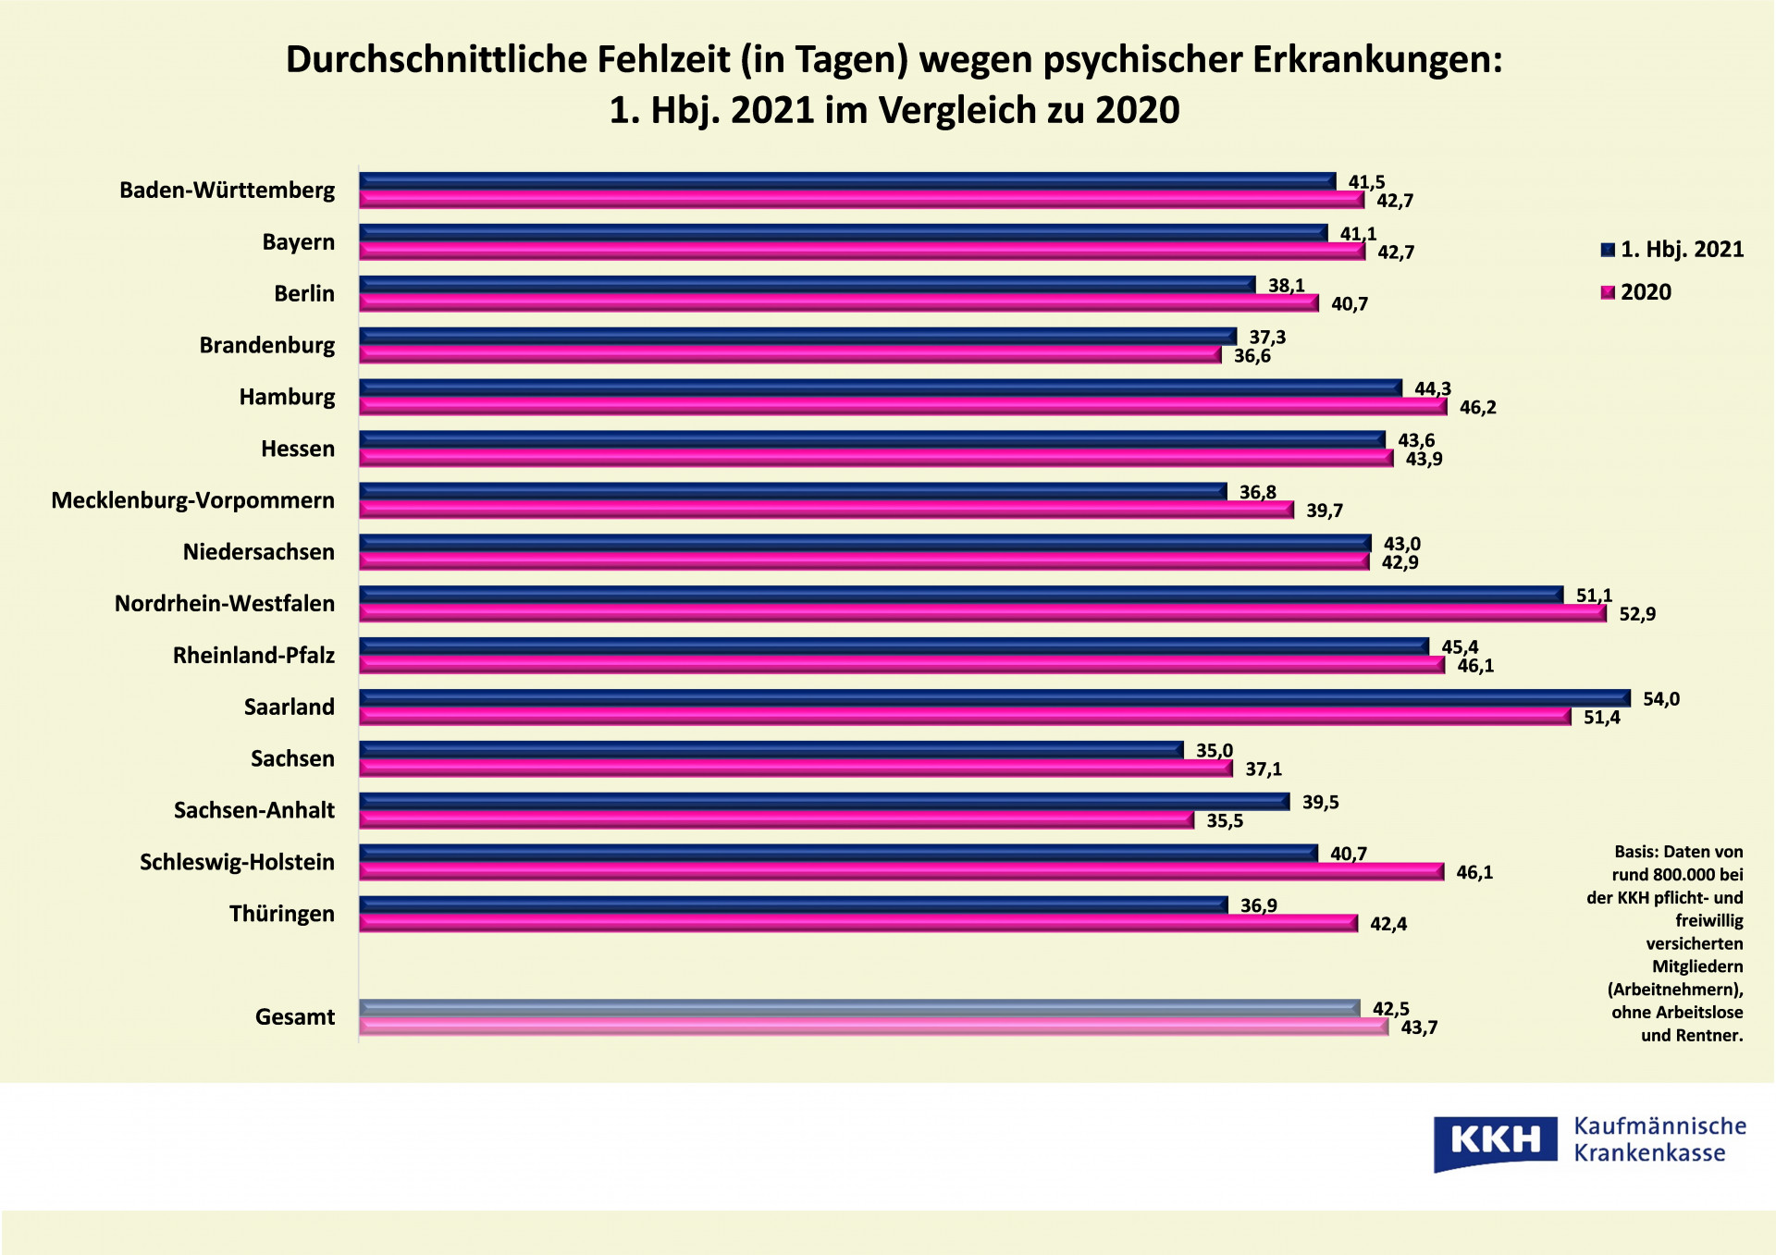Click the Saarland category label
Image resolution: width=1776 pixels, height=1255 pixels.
pos(289,707)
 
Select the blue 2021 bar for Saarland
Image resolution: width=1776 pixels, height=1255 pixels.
pos(994,698)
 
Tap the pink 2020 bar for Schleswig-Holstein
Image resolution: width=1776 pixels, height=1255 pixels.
pos(901,871)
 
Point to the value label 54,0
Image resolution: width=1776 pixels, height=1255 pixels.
pos(1660,699)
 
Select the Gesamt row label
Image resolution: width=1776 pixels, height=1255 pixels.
pos(295,1017)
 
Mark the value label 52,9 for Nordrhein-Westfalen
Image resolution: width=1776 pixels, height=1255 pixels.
pos(1636,614)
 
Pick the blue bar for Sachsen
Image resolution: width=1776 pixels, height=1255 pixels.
pos(771,750)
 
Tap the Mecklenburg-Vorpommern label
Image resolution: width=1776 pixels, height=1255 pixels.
pos(192,500)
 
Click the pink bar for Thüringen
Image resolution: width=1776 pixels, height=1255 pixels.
pos(857,923)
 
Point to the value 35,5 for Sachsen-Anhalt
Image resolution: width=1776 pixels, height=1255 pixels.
pos(1224,821)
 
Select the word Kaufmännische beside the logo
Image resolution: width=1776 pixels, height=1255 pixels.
pos(1659,1126)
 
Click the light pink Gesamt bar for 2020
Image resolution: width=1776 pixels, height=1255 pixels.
pos(873,1027)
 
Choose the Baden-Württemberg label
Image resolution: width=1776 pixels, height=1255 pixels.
pos(227,191)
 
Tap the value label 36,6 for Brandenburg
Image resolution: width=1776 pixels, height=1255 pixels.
pos(1252,357)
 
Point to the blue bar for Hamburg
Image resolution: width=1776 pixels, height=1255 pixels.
pos(880,388)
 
